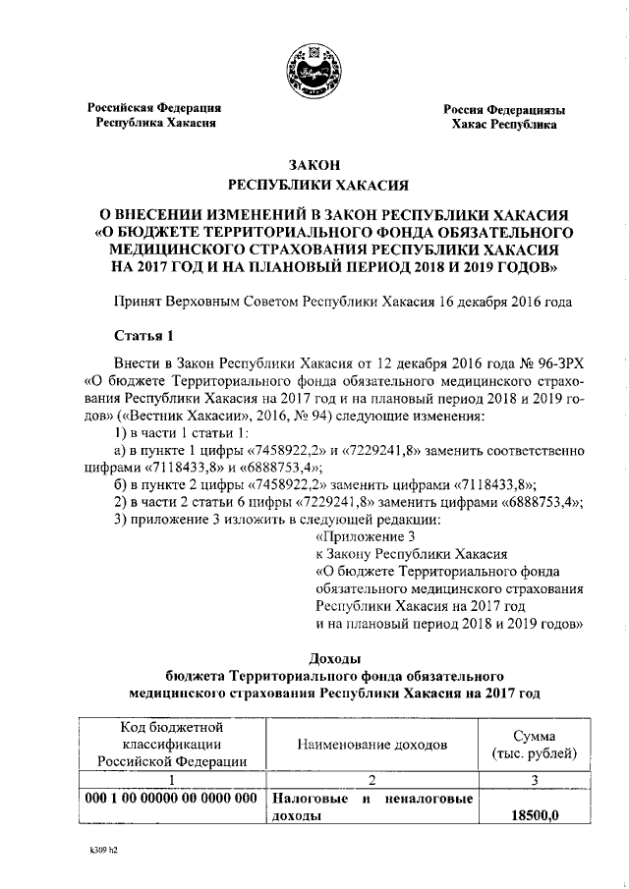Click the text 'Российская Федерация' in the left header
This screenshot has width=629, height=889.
[x=155, y=108]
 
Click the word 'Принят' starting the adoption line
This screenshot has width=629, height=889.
[x=139, y=302]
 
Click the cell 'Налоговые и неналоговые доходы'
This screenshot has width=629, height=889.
[x=372, y=806]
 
